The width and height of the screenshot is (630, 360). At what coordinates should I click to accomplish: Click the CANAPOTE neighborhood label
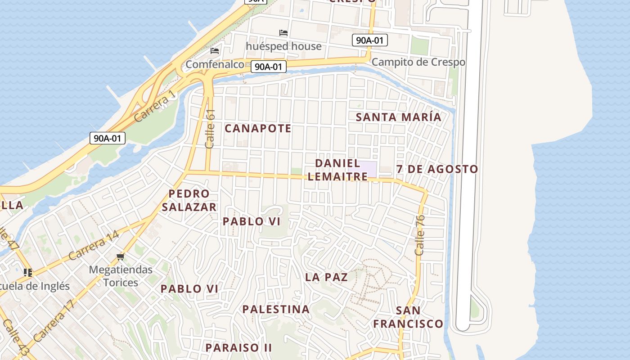(258, 129)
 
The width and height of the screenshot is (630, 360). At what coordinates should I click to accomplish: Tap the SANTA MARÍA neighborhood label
(398, 117)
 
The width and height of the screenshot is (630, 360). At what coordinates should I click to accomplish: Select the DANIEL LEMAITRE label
(337, 170)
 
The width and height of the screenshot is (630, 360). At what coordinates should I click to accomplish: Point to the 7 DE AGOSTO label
(437, 169)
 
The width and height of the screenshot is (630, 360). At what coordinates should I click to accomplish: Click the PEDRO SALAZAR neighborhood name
(189, 200)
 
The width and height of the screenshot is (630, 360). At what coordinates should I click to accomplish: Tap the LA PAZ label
(326, 277)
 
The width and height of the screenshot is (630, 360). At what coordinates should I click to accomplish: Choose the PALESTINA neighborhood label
(276, 310)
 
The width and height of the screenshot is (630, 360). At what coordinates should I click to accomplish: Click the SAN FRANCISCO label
(408, 317)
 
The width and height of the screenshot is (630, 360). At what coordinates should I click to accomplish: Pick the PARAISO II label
(238, 347)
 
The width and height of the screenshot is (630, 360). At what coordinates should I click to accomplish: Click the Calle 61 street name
(210, 129)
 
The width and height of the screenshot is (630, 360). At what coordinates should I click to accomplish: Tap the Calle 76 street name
(419, 235)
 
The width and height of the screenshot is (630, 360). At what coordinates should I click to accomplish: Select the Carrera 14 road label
(94, 245)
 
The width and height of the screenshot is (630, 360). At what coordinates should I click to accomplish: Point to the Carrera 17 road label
(54, 321)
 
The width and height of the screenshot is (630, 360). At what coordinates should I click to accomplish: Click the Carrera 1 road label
(154, 106)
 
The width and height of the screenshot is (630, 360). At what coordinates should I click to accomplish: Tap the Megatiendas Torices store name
(121, 276)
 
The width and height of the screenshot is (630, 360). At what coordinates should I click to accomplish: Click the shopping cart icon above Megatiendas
(120, 257)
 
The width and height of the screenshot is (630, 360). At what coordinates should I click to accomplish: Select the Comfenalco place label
(215, 64)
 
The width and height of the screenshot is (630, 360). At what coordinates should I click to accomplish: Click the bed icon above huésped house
(283, 33)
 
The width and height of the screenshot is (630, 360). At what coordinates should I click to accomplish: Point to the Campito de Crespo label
(418, 62)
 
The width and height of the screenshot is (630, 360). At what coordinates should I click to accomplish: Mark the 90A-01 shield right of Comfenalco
(269, 67)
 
